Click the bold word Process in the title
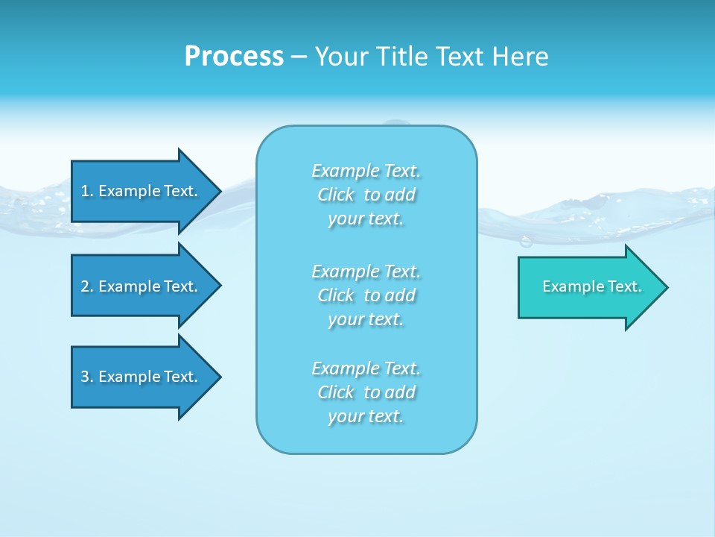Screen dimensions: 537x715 [x=234, y=56]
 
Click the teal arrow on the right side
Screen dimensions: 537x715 [x=588, y=286]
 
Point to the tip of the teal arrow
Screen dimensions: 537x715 [x=666, y=287]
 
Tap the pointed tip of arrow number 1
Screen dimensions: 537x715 [x=219, y=191]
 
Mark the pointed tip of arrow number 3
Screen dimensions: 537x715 [x=219, y=377]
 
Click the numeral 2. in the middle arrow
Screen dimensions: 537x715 [x=86, y=286]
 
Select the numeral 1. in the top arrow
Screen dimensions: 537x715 [x=86, y=191]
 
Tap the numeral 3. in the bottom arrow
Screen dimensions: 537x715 [x=86, y=377]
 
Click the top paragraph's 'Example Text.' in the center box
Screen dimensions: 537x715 [x=366, y=171]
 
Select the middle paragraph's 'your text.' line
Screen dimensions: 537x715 [x=366, y=319]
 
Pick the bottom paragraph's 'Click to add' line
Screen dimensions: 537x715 [x=366, y=392]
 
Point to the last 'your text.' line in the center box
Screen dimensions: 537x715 [x=366, y=417]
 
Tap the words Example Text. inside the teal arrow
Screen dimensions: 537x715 [x=592, y=286]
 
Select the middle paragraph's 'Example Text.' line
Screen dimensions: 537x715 [x=366, y=271]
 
